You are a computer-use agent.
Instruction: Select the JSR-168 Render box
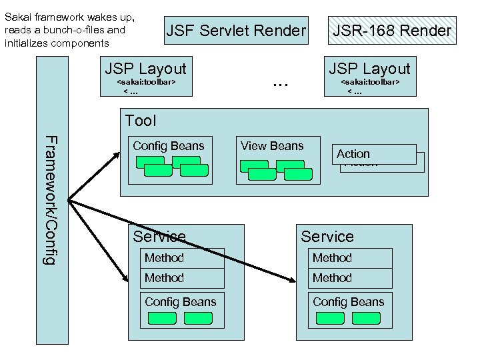click(392, 31)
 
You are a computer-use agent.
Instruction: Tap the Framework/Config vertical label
click(49, 199)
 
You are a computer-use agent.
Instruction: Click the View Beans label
click(272, 146)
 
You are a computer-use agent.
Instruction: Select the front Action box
click(375, 154)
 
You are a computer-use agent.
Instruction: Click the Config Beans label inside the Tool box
click(168, 146)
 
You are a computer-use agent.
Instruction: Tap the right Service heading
click(327, 237)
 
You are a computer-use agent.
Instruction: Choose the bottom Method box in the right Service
click(350, 278)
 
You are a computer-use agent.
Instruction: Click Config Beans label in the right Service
click(349, 302)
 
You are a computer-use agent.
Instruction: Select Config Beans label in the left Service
click(181, 302)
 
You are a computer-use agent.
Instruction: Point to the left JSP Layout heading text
click(146, 69)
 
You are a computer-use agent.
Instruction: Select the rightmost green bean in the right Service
click(367, 318)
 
